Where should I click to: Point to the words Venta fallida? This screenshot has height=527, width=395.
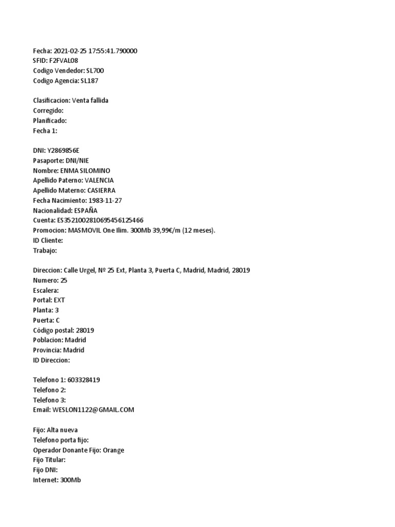click(x=90, y=100)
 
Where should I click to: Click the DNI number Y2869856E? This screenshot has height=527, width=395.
click(x=63, y=150)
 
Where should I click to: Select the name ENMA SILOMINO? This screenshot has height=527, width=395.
click(x=85, y=170)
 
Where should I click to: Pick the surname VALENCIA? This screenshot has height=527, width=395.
click(x=99, y=180)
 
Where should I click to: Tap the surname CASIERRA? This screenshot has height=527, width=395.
click(x=101, y=190)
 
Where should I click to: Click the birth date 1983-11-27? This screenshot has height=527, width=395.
click(x=106, y=200)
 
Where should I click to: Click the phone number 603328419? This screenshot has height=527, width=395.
click(x=84, y=380)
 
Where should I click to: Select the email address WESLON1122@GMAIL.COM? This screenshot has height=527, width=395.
click(x=93, y=410)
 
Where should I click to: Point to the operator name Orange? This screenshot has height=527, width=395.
click(x=113, y=450)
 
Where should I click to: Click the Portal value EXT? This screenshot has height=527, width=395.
click(x=59, y=300)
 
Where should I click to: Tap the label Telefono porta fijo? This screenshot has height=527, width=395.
click(x=60, y=440)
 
